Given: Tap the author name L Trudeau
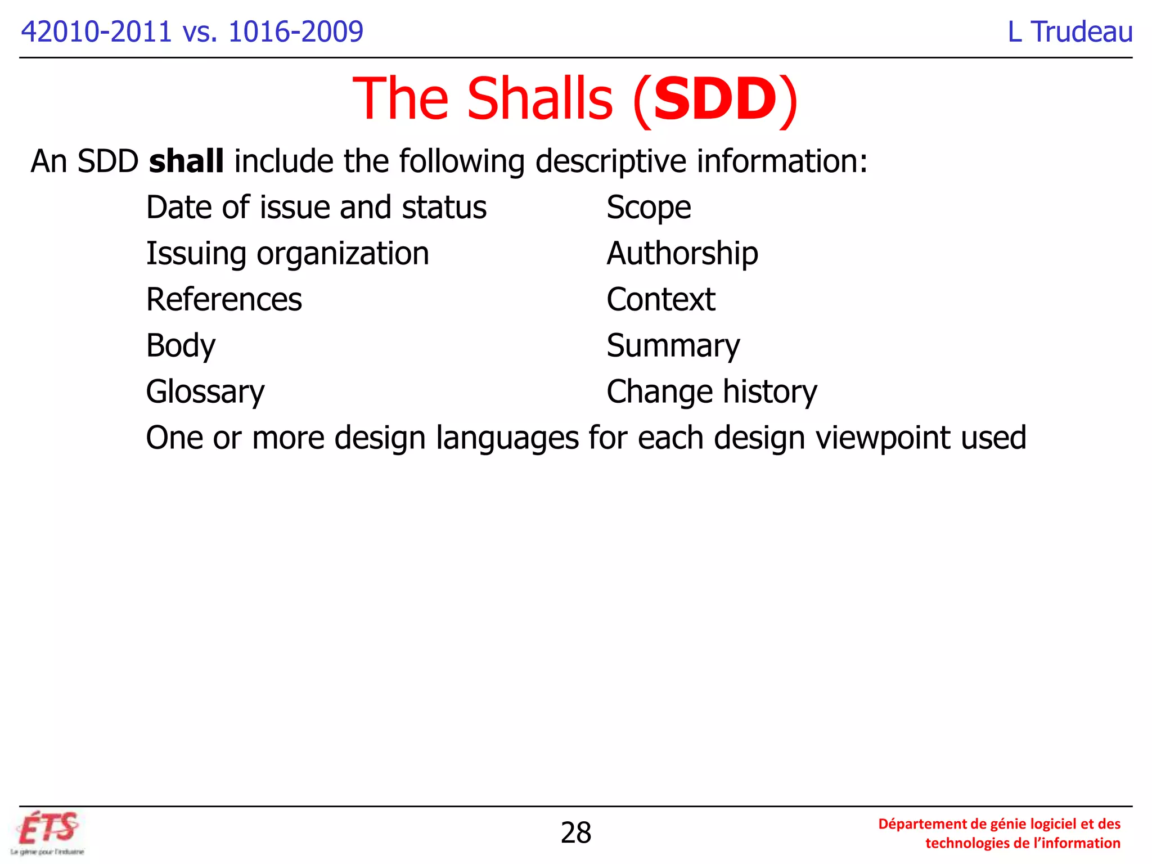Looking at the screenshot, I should (1070, 31).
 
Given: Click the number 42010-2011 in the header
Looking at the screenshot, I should (96, 31).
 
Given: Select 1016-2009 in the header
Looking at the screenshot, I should (296, 31).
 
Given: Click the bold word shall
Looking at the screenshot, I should (186, 161).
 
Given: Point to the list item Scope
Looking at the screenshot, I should (649, 208).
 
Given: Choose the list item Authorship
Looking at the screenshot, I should (682, 254).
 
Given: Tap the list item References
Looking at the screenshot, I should (224, 299).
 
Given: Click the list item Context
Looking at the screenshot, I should (661, 299).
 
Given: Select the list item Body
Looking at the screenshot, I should (181, 345).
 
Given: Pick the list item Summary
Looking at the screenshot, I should (673, 345).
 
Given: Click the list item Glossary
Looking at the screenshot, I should (205, 391).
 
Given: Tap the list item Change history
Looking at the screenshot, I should (712, 391).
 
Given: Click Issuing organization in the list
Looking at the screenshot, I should (287, 254).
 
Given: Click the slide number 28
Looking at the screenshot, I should (575, 832).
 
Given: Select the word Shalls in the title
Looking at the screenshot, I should (539, 99).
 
